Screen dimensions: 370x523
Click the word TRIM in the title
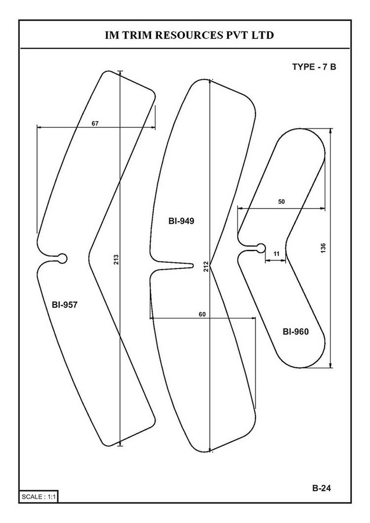click(136, 35)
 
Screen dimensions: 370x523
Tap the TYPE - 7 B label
click(314, 67)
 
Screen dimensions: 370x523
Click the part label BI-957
click(64, 305)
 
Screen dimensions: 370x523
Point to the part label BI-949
click(181, 221)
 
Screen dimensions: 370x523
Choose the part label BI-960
click(296, 332)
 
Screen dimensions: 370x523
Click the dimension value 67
click(95, 123)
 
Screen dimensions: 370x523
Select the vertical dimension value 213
click(116, 260)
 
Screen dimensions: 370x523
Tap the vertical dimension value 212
click(206, 267)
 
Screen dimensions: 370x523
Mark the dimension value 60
click(202, 314)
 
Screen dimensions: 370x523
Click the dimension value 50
click(282, 202)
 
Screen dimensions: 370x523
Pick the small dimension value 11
click(276, 254)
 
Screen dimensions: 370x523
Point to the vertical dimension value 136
click(323, 248)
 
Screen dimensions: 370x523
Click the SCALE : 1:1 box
click(39, 497)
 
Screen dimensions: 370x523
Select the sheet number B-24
click(322, 488)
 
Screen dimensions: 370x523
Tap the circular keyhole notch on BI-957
click(62, 259)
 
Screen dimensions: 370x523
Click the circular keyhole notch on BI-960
click(261, 248)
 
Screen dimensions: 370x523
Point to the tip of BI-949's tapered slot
click(193, 266)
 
